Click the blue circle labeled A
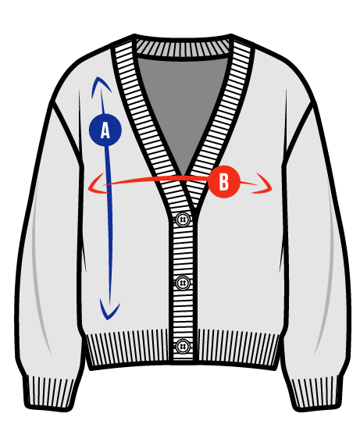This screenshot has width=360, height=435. [x=105, y=130]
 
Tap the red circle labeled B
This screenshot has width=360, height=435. [x=223, y=182]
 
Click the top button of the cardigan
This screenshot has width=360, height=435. [x=183, y=220]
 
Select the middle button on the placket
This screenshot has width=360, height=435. [x=183, y=283]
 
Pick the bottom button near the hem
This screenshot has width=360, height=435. [x=183, y=346]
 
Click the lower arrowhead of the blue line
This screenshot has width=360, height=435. [x=109, y=310]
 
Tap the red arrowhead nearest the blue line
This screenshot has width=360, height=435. [x=97, y=184]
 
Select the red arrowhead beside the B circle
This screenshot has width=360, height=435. [x=263, y=184]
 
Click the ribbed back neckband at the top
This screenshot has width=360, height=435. [x=183, y=48]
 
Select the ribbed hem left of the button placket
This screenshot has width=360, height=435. [x=128, y=348]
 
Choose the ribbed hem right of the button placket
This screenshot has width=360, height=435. [x=238, y=348]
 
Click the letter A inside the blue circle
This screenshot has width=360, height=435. [x=105, y=130]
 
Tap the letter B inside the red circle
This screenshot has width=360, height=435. [x=224, y=182]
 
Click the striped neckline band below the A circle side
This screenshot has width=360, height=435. [x=144, y=122]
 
